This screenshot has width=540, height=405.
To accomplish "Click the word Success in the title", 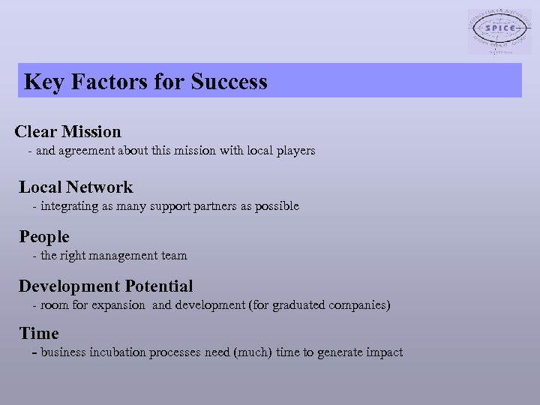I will [x=229, y=81].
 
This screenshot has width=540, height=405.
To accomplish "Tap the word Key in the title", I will [x=43, y=81].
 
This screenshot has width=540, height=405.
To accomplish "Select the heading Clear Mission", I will [x=67, y=132].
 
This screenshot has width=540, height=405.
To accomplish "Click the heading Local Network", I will [x=76, y=187].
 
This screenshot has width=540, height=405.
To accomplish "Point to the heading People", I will [x=44, y=237].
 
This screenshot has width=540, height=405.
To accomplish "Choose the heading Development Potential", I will [x=106, y=286].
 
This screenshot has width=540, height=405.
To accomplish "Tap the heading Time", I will [x=39, y=334].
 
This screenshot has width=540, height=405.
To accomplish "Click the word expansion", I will [x=118, y=305].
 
